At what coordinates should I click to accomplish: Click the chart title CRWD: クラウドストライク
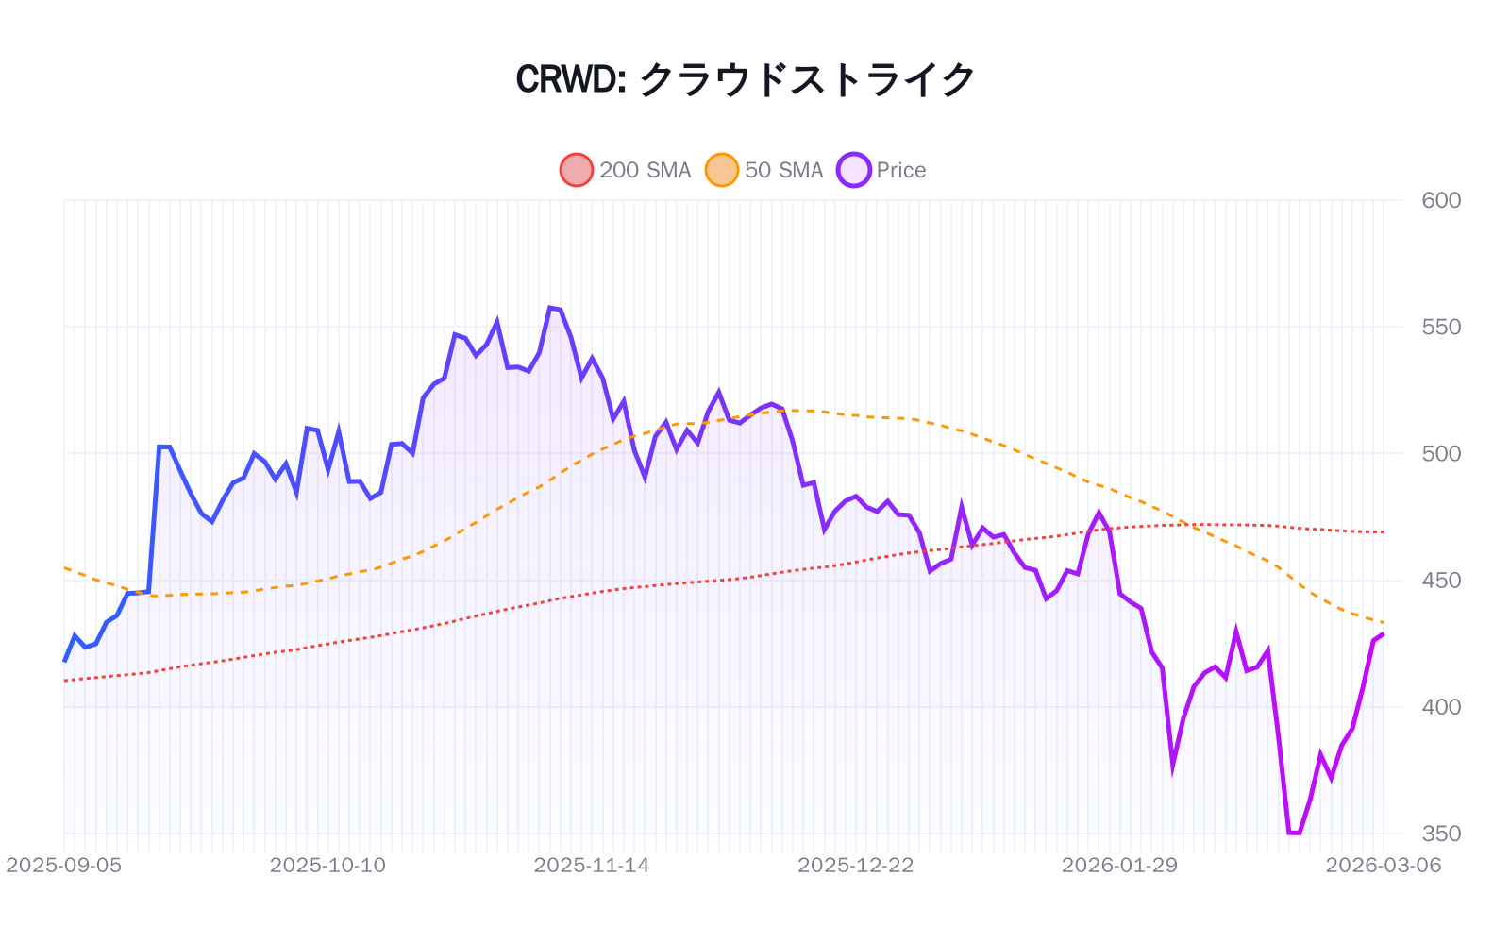point(745,79)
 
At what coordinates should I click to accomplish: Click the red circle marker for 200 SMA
point(576,170)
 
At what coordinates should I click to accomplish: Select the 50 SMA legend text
point(783,170)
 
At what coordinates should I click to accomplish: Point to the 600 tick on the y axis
point(1440,200)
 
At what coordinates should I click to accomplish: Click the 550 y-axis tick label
point(1440,327)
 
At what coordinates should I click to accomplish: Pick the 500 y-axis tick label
point(1440,453)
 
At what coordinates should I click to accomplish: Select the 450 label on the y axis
point(1440,580)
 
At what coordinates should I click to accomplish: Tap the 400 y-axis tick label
point(1440,706)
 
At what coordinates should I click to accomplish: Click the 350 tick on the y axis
point(1440,834)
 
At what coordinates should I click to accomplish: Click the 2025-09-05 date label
point(63,865)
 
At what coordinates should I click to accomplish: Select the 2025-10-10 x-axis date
point(327,865)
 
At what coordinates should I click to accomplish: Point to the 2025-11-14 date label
point(592,865)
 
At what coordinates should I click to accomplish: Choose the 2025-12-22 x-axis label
point(856,865)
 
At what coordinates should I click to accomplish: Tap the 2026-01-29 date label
point(1119,865)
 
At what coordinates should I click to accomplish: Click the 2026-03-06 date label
point(1383,865)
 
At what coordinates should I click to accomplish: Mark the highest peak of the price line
point(550,308)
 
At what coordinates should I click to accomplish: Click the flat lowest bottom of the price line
point(1294,833)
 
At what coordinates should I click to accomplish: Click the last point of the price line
point(1383,634)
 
